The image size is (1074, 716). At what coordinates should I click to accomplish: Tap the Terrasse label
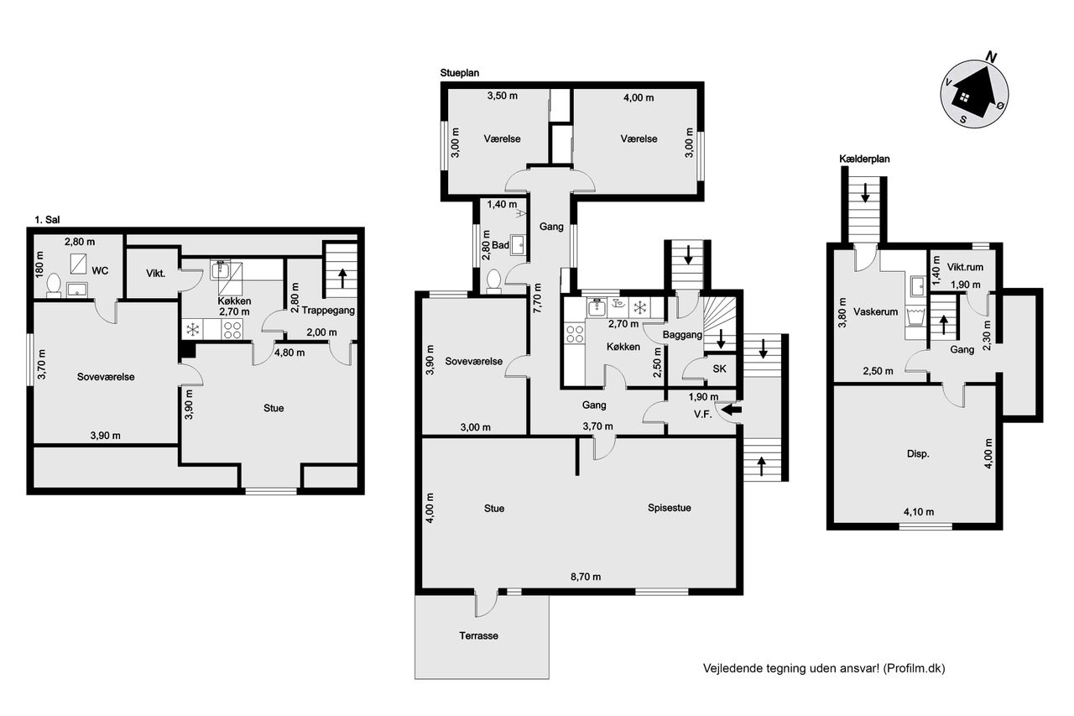coord(478,635)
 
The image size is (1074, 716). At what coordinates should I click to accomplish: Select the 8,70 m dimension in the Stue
coord(586,577)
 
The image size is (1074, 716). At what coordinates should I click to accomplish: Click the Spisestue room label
coord(670,508)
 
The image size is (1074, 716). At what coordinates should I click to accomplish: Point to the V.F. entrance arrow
coord(731,410)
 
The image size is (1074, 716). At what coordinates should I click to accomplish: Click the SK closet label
coord(719,368)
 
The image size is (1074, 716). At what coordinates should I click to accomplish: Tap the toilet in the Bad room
coord(493,280)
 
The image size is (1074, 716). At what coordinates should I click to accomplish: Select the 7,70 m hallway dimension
coord(537,298)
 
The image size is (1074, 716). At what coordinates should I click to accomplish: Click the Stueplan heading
coord(459,73)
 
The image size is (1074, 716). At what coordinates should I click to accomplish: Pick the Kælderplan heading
coord(864,159)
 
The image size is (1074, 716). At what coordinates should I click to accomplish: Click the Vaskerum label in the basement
coord(875,311)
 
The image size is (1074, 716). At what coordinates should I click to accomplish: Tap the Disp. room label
coord(918,453)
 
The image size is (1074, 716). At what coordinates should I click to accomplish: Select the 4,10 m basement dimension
coord(919,512)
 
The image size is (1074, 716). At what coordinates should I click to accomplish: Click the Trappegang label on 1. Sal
coord(328,311)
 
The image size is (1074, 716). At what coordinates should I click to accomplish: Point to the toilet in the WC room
coord(54,285)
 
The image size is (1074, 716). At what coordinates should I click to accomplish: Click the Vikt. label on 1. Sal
coord(156,274)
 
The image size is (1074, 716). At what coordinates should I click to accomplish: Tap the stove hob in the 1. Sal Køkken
coord(232,330)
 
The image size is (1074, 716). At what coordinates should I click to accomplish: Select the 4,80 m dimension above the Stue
coord(289,353)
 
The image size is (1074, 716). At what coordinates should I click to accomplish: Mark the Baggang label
coord(682,334)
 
